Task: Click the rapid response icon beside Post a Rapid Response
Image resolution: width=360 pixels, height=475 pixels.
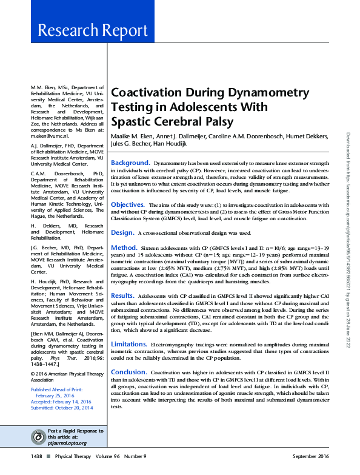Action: point(39,437)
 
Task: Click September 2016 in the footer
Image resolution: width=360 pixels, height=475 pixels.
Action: point(310,456)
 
